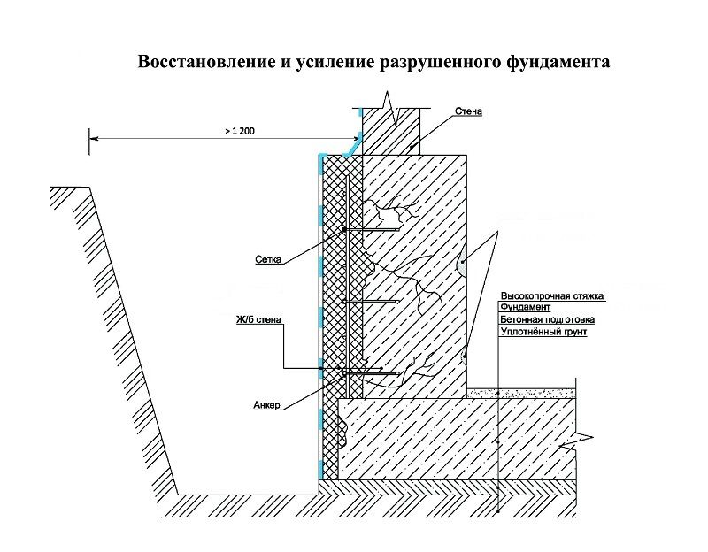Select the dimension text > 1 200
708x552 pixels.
tap(238, 130)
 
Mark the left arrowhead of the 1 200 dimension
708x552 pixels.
tap(93, 137)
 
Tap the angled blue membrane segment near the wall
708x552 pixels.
tap(351, 147)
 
